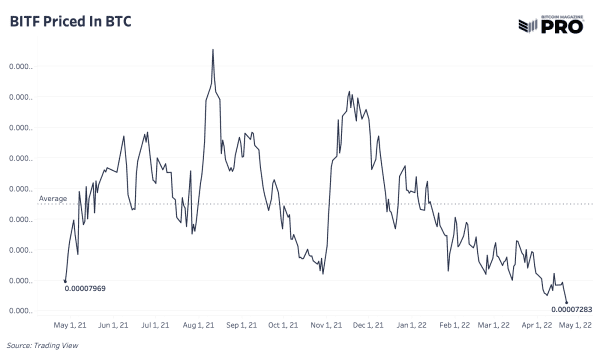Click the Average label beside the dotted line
pyautogui.click(x=53, y=199)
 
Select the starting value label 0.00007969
pyautogui.click(x=86, y=289)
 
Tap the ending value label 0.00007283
pyautogui.click(x=572, y=309)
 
